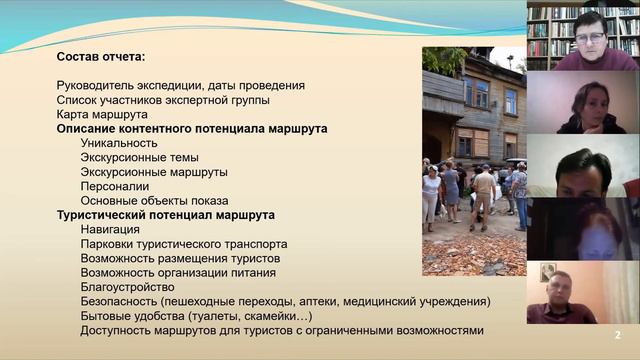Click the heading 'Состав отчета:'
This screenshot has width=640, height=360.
[x=102, y=56]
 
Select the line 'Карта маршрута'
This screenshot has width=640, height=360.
[x=102, y=114]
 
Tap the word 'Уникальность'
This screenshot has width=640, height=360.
[x=119, y=143]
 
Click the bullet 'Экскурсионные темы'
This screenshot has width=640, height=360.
[x=139, y=158]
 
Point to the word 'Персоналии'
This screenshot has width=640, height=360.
[x=115, y=186]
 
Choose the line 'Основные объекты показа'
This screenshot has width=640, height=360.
[x=154, y=200]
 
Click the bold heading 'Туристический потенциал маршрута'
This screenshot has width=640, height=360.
[x=166, y=215]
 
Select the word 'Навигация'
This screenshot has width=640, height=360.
[x=110, y=229]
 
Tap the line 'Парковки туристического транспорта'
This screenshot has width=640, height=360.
[x=184, y=244]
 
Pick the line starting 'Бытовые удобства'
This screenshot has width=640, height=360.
[x=130, y=316]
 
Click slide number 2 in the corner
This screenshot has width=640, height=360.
[x=617, y=335]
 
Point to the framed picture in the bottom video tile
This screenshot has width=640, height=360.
[x=548, y=272]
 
